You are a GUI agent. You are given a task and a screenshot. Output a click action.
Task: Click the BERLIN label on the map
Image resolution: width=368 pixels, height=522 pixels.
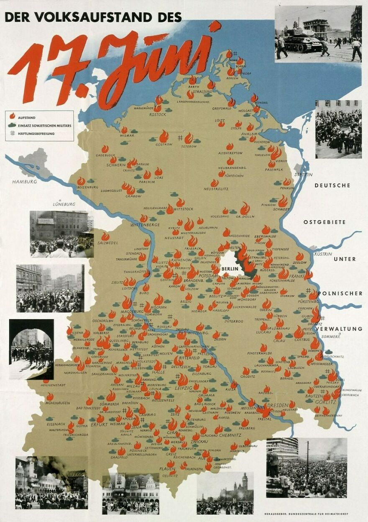230,269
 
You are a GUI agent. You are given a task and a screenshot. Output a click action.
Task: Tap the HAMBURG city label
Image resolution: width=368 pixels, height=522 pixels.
25,182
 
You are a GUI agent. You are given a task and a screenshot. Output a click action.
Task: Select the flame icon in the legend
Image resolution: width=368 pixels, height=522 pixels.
13,116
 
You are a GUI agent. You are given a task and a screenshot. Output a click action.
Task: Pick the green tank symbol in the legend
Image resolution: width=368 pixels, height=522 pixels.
13,125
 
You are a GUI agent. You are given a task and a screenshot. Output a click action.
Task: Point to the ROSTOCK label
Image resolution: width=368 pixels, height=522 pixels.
158,114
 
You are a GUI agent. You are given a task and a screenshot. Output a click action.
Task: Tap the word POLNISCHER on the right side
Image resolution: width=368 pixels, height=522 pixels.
340,293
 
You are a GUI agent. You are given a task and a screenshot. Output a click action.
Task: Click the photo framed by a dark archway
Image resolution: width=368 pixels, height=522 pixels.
31,349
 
